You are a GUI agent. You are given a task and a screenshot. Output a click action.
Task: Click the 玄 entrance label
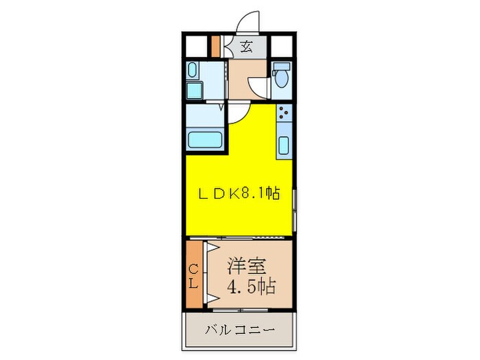tap(246, 47)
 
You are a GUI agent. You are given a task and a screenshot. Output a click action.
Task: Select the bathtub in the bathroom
tap(204, 139)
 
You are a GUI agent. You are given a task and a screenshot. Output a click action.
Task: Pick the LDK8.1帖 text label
tap(239, 193)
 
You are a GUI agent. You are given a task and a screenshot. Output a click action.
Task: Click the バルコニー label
tap(240, 331)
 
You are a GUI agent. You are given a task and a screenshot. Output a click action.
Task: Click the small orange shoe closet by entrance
tap(215, 47)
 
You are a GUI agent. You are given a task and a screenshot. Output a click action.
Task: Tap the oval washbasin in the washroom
tap(193, 70)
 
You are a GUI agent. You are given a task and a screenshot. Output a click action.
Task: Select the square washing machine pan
tap(193, 91)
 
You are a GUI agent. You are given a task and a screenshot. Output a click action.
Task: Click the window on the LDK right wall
tap(295, 210)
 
